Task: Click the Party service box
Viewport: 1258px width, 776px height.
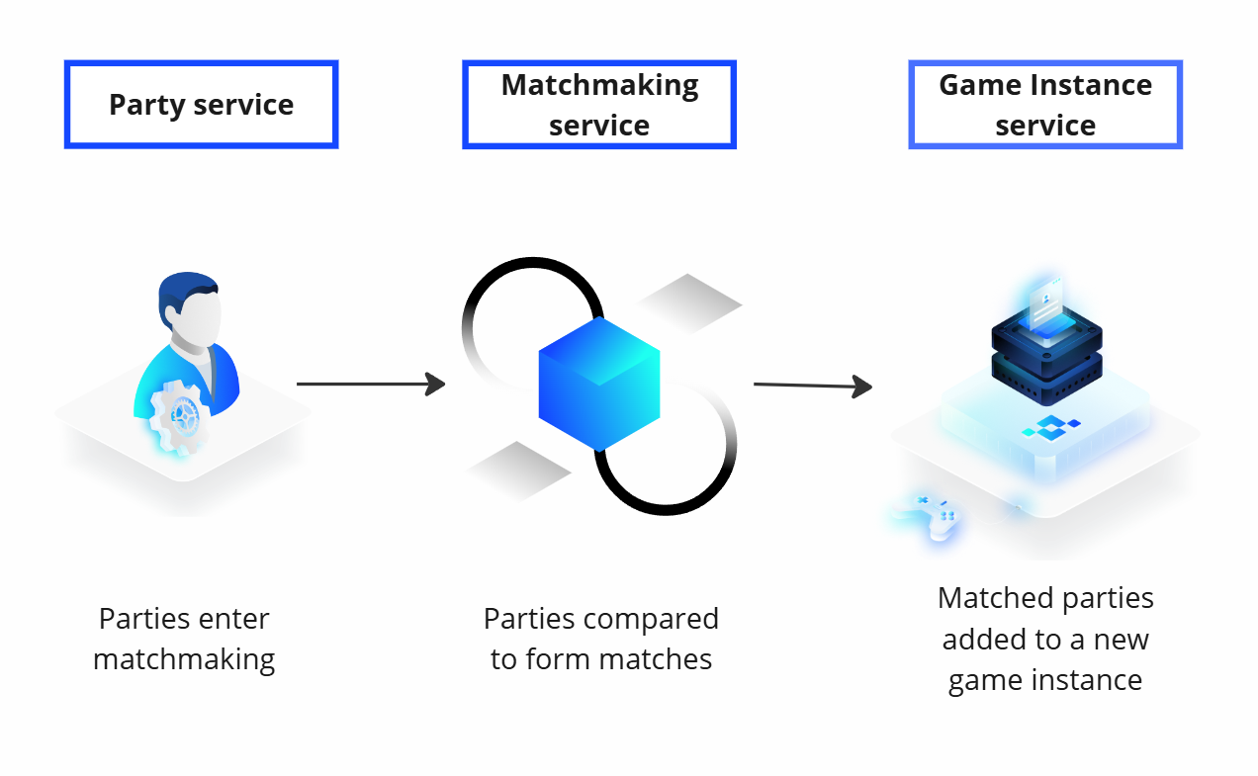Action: click(201, 105)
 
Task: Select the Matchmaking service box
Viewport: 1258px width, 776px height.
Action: click(598, 105)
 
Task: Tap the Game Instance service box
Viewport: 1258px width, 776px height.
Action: click(1044, 105)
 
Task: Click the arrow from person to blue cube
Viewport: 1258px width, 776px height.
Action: click(370, 384)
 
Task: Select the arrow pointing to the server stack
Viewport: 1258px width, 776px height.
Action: click(811, 386)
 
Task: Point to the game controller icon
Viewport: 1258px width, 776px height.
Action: click(928, 514)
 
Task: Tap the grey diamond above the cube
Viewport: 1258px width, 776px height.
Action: click(688, 301)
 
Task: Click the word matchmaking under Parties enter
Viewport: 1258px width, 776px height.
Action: click(184, 659)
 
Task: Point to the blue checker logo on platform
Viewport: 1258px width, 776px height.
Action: click(1050, 427)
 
